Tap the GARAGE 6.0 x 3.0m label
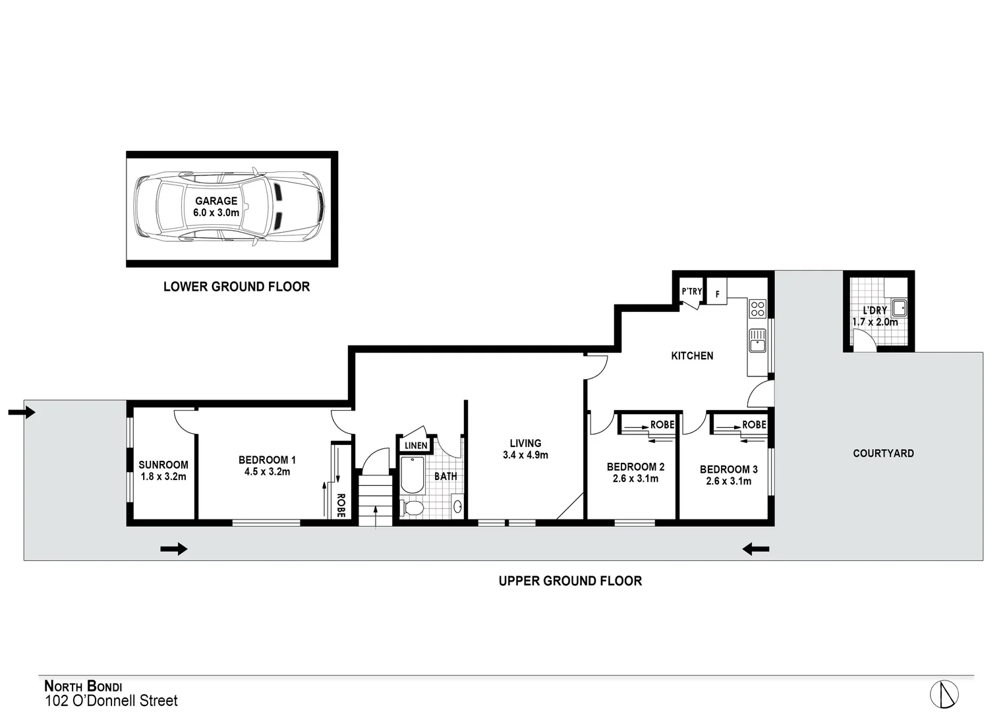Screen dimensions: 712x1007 pyautogui.click(x=216, y=207)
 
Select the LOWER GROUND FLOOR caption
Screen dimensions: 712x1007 pyautogui.click(x=237, y=287)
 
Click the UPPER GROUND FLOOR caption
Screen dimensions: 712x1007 pyautogui.click(x=570, y=581)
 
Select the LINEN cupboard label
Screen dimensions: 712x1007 pyautogui.click(x=416, y=446)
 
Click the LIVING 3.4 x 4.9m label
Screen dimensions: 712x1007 pyautogui.click(x=525, y=449)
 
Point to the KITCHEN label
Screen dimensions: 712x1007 pyautogui.click(x=692, y=356)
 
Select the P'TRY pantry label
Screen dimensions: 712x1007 pyautogui.click(x=692, y=291)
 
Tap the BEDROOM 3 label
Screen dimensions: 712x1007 pyautogui.click(x=728, y=475)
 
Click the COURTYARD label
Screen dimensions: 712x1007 pyautogui.click(x=883, y=454)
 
